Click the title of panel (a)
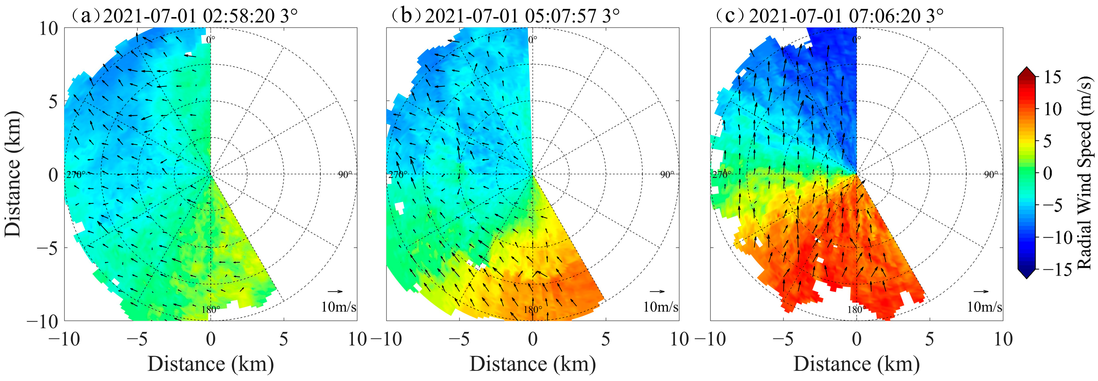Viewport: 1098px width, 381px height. (x=184, y=16)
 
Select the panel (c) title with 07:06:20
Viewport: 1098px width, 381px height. (x=830, y=16)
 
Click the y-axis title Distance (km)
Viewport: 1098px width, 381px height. (x=13, y=174)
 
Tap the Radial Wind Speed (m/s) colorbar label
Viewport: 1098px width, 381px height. (x=1085, y=173)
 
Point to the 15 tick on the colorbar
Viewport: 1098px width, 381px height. (x=1052, y=77)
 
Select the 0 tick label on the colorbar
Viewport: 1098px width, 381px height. (x=1047, y=173)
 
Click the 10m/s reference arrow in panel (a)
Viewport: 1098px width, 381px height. (x=336, y=291)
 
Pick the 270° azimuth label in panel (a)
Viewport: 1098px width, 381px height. (x=76, y=175)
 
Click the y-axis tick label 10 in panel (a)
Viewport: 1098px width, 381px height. (x=49, y=29)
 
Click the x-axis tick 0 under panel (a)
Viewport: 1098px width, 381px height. (x=211, y=339)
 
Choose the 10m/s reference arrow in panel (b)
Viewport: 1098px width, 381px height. (x=657, y=291)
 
